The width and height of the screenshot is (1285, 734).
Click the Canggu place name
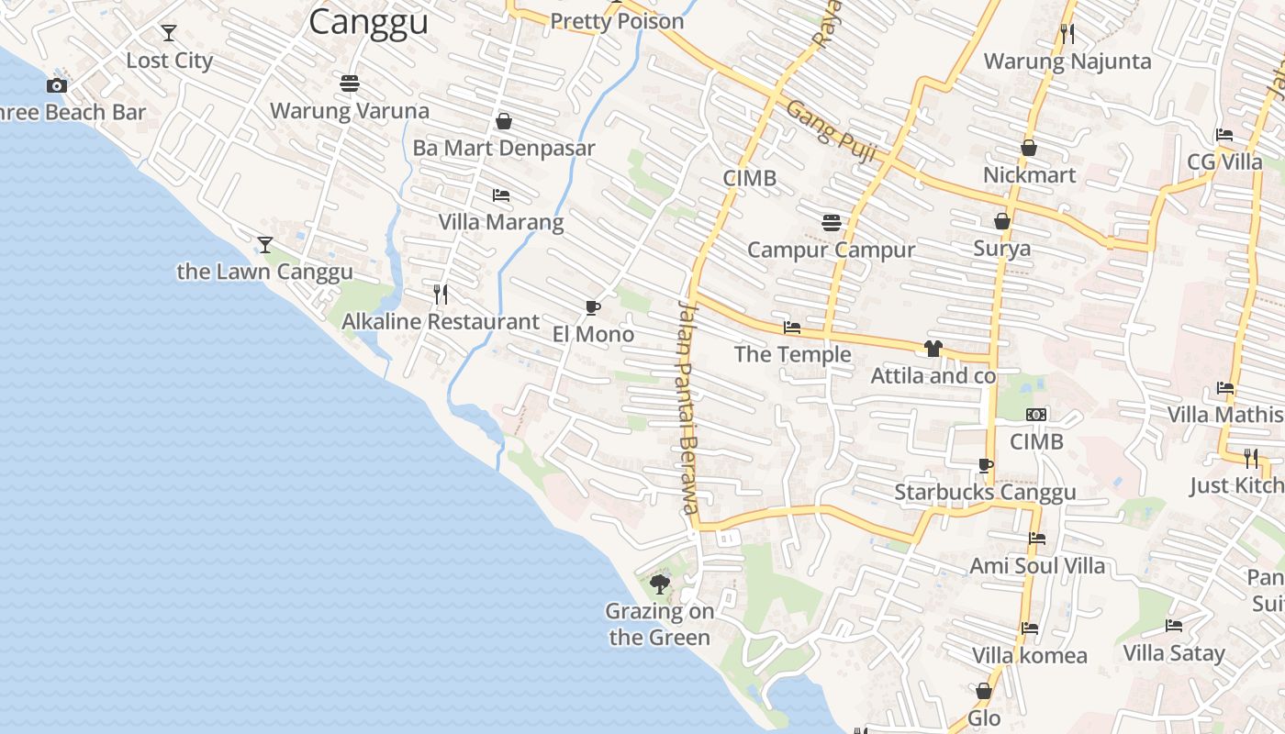(x=368, y=21)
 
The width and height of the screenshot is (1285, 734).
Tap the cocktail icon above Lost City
(x=169, y=33)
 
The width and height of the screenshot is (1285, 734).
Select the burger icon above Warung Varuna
(x=349, y=83)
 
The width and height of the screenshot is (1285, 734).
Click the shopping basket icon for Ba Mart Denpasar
(x=503, y=121)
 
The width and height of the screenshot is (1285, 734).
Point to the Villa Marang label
(x=501, y=222)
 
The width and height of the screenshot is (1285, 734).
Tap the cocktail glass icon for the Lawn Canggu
(x=265, y=245)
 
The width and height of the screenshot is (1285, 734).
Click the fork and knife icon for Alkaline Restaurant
(x=441, y=294)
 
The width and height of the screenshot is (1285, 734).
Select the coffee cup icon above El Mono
(x=592, y=307)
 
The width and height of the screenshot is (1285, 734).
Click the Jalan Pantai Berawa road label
(x=688, y=408)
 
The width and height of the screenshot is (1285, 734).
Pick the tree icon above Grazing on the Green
(x=659, y=584)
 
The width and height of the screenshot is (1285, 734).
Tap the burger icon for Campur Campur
(x=832, y=222)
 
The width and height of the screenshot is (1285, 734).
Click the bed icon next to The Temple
(x=791, y=328)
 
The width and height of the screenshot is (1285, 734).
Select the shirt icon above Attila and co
(x=933, y=349)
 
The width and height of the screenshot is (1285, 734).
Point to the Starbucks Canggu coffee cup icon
(x=985, y=465)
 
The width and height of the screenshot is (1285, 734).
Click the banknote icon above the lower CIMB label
(x=1036, y=415)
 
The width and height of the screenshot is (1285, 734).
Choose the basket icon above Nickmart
(x=1029, y=148)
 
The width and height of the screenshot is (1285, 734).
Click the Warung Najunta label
(x=1067, y=61)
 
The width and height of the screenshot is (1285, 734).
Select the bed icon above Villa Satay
(x=1174, y=627)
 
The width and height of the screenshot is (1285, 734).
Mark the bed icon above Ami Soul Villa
(x=1037, y=539)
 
